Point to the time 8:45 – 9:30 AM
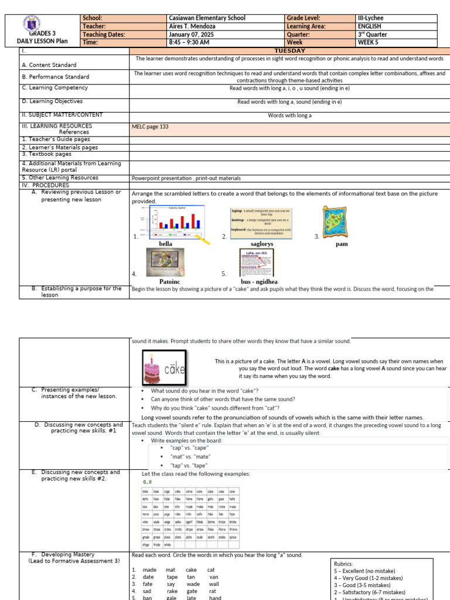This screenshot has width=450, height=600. tap(190, 43)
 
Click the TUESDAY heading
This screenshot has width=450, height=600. tap(290, 51)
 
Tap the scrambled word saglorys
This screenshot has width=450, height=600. tap(262, 244)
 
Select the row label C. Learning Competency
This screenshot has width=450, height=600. tap(54, 88)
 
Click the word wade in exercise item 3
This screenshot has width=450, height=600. tap(193, 584)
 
